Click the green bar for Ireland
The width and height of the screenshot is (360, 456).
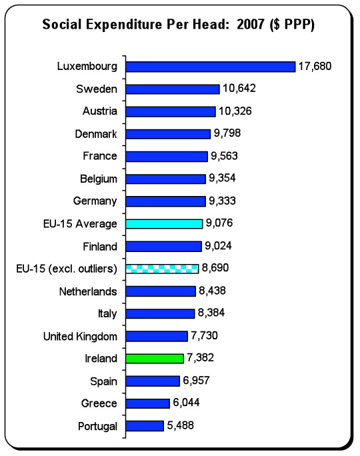[155, 359]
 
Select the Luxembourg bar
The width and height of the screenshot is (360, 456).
[211, 67]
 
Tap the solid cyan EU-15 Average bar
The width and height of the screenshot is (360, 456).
[164, 224]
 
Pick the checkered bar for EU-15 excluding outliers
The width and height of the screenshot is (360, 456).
[162, 269]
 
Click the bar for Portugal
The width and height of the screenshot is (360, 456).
[145, 426]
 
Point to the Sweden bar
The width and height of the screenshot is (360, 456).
[173, 89]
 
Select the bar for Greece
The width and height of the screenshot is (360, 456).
[148, 403]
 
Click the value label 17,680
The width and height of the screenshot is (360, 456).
[315, 66]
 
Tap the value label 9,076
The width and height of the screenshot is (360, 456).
[219, 223]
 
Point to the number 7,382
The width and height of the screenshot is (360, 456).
[201, 358]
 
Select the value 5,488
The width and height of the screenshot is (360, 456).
[180, 425]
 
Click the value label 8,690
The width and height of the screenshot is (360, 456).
[215, 268]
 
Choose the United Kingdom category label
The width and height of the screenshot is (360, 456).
[80, 337]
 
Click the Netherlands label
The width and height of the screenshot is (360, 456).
[88, 291]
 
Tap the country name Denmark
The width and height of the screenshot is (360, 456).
[96, 134]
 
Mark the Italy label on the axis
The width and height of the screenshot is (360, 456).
[107, 314]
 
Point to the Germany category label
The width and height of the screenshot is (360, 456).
[95, 201]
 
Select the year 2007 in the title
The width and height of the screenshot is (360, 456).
[251, 24]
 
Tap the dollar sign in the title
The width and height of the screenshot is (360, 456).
[277, 25]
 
